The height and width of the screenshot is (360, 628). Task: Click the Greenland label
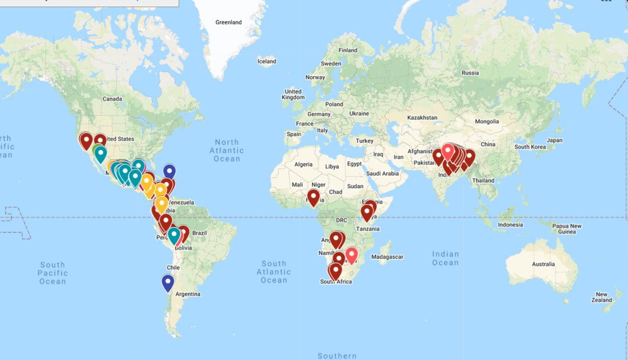[229, 22]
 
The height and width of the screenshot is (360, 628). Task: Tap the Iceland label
[267, 61]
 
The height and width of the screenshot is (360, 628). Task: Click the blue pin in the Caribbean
[169, 171]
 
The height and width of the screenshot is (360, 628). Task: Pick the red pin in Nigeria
[313, 197]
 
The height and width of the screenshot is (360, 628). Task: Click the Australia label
[543, 264]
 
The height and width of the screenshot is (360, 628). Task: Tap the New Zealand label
[601, 297]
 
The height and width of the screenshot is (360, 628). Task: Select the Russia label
[470, 73]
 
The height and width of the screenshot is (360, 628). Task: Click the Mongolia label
[487, 121]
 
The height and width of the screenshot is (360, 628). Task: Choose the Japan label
[555, 140]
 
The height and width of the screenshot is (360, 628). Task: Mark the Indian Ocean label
[445, 258]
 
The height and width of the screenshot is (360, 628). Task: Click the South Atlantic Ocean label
[274, 272]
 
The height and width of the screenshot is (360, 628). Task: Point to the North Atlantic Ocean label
[227, 150]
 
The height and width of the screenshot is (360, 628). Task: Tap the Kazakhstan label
[422, 118]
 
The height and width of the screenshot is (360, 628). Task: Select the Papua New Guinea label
[567, 229]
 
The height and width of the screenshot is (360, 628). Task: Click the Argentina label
[188, 294]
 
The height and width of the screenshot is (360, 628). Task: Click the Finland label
[348, 50]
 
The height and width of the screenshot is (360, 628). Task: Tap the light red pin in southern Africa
[351, 254]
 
